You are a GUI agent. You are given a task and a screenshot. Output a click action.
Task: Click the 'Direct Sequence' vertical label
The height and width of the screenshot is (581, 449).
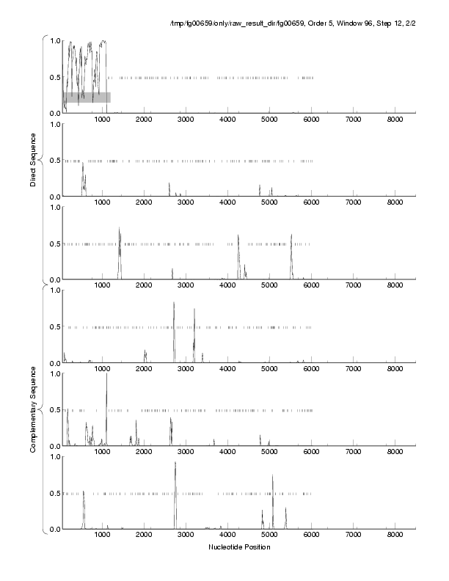pyautogui.click(x=34, y=160)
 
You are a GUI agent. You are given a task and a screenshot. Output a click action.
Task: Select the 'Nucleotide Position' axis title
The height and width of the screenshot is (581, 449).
pyautogui.click(x=239, y=547)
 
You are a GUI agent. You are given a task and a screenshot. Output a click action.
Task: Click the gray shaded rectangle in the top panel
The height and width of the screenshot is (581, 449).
pyautogui.click(x=87, y=97)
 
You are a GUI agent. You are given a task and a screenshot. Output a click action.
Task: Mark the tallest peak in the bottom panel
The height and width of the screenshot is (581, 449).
pyautogui.click(x=175, y=464)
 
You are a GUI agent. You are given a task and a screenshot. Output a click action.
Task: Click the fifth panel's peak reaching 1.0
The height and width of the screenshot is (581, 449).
pyautogui.click(x=106, y=376)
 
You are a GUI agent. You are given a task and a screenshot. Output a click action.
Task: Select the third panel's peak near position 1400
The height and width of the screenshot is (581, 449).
pyautogui.click(x=119, y=230)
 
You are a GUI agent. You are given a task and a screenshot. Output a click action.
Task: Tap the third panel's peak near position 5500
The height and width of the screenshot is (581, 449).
pyautogui.click(x=291, y=236)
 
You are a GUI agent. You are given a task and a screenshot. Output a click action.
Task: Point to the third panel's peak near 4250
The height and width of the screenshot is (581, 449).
pyautogui.click(x=238, y=237)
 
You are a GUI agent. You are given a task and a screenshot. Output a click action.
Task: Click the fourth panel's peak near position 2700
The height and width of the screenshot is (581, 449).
pyautogui.click(x=174, y=304)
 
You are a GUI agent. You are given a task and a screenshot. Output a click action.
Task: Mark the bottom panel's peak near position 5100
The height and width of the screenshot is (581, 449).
pyautogui.click(x=272, y=476)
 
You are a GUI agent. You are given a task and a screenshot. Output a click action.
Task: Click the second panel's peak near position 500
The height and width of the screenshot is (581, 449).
pyautogui.click(x=83, y=166)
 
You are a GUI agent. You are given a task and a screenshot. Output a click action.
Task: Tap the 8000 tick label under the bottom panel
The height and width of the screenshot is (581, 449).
pyautogui.click(x=395, y=536)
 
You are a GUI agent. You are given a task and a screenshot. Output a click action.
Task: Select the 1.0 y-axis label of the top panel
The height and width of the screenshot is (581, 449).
pyautogui.click(x=53, y=41)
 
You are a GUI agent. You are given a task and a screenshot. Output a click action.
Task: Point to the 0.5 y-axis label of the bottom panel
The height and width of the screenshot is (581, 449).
pyautogui.click(x=53, y=493)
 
